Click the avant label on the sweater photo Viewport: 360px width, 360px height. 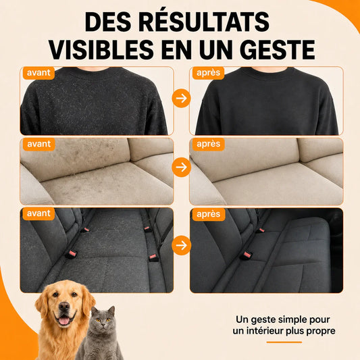point(38,73)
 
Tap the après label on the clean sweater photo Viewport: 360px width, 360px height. point(208,73)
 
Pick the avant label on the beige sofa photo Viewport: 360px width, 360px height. point(38,144)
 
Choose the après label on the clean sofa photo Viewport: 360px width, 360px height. point(208,144)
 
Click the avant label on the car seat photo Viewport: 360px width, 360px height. point(38,213)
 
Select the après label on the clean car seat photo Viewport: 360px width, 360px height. point(209,214)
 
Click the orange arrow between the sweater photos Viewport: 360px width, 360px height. point(182,98)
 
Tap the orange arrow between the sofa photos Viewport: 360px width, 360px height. point(182,167)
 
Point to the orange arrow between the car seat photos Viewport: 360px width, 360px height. point(182,245)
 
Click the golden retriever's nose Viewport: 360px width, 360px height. point(63,306)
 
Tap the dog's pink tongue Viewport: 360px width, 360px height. point(64,321)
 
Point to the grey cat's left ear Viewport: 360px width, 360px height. point(94,311)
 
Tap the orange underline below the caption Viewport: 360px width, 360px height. point(284,342)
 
